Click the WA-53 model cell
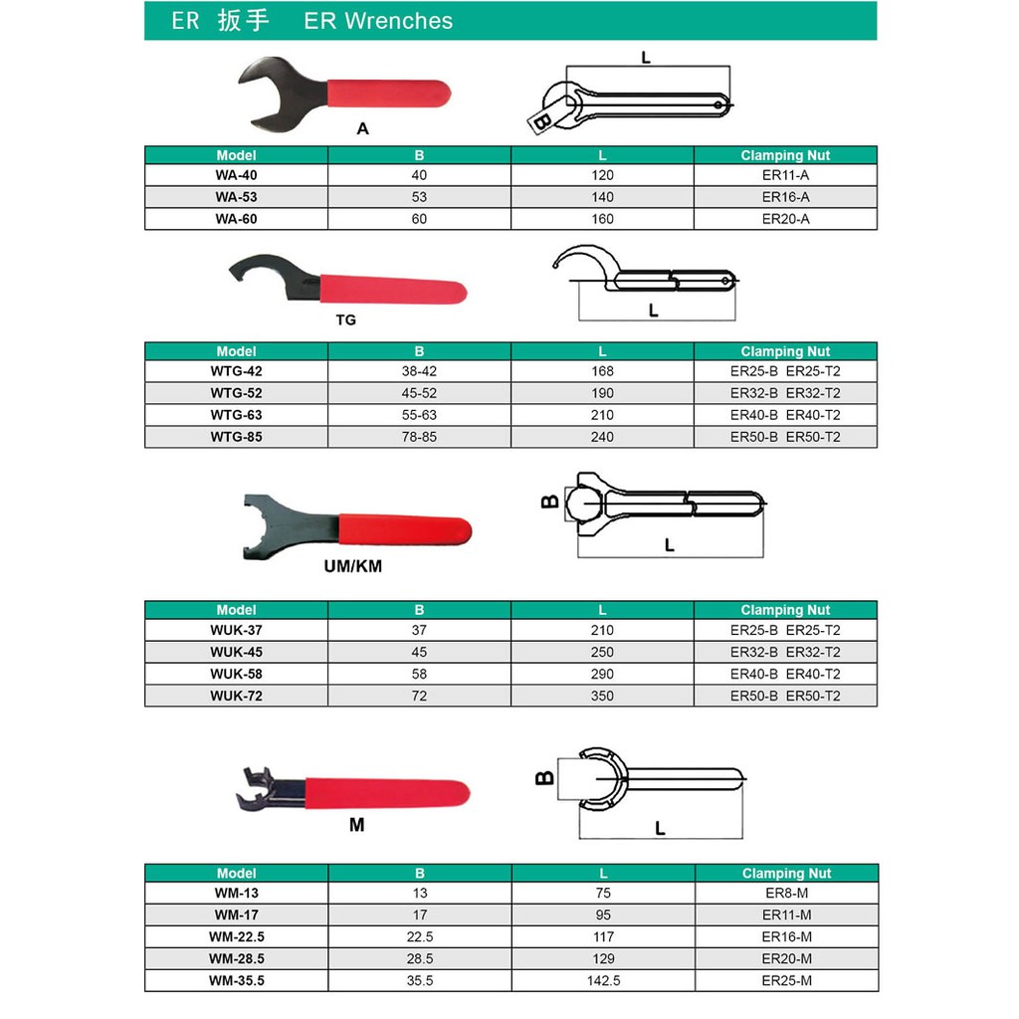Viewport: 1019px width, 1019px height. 236,197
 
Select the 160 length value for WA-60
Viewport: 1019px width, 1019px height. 602,219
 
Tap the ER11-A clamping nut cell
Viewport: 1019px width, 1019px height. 785,175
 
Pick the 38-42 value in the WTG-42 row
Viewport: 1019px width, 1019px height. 419,371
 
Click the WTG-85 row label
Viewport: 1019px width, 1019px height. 236,437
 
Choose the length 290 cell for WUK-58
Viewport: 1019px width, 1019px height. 602,674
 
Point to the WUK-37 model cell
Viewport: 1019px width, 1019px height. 236,630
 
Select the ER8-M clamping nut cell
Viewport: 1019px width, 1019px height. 785,894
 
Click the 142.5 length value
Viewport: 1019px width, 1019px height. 602,981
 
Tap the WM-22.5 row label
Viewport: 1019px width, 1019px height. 236,937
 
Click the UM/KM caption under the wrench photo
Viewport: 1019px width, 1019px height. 353,566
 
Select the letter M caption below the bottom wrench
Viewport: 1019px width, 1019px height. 356,825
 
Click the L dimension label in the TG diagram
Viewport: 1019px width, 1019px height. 653,310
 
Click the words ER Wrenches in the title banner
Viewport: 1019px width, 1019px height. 378,21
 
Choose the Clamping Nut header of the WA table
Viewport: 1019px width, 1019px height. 785,155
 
